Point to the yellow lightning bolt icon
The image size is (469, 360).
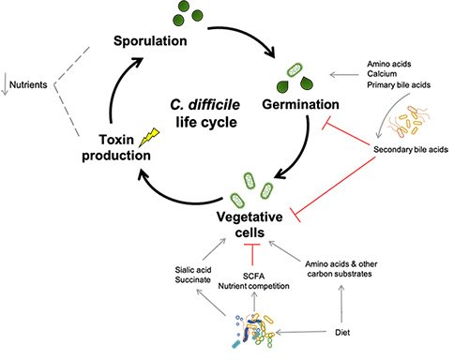(146, 138)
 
